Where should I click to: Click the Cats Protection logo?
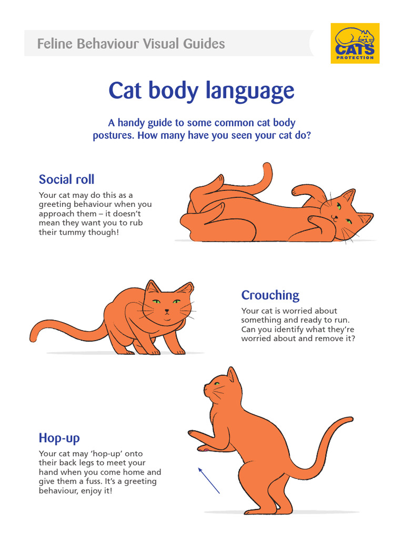[x=355, y=43]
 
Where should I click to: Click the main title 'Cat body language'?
[x=201, y=91]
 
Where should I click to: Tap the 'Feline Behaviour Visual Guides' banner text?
[x=131, y=44]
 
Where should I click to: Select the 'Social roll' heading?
[x=67, y=179]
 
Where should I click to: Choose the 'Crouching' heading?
[x=270, y=295]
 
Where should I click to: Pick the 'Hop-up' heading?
[x=59, y=438]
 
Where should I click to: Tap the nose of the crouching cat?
[x=167, y=311]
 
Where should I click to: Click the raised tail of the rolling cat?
[x=266, y=176]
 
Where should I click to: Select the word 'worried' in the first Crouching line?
[x=300, y=311]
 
